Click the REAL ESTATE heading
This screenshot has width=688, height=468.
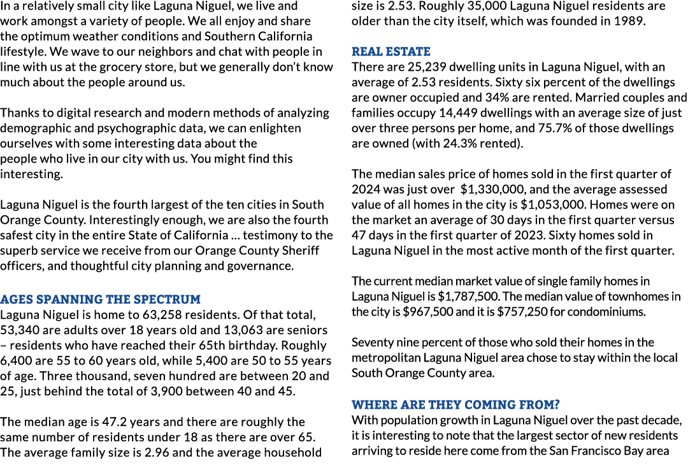coord(391,52)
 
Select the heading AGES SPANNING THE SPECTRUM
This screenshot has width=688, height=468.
coord(101,300)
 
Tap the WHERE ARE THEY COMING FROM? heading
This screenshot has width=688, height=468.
coord(455,405)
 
